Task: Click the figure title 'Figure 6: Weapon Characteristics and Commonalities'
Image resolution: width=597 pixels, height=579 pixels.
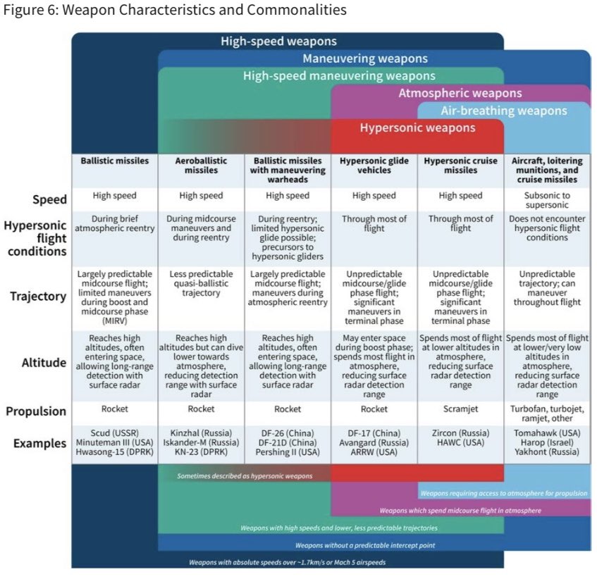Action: (175, 10)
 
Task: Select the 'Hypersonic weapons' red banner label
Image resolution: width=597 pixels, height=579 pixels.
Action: (418, 127)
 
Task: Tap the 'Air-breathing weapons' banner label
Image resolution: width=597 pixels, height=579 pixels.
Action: (504, 111)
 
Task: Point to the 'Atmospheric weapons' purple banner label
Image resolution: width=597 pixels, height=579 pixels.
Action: (460, 93)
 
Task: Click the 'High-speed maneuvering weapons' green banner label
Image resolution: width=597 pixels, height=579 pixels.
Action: (339, 75)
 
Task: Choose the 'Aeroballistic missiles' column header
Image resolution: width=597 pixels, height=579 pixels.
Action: (201, 166)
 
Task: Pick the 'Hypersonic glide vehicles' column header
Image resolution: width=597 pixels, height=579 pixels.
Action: (374, 166)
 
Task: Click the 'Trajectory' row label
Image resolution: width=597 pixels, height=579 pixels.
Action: (38, 296)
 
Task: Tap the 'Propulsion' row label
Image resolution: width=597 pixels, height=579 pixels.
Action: (36, 411)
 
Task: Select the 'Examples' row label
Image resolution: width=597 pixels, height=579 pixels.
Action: (39, 443)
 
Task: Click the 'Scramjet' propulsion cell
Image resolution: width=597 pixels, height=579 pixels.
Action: (460, 409)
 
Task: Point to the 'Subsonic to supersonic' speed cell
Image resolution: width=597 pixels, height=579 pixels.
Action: (547, 200)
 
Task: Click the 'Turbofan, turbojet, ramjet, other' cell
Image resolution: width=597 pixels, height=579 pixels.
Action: (547, 413)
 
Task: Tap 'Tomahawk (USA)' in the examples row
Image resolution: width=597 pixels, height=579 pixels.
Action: (547, 433)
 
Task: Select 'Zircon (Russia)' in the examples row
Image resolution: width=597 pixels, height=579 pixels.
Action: (460, 433)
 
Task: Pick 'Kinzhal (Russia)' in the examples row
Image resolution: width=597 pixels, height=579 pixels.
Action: (201, 433)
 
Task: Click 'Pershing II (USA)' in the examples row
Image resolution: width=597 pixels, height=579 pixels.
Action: (288, 452)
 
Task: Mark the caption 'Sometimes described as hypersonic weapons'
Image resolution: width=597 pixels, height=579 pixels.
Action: (245, 476)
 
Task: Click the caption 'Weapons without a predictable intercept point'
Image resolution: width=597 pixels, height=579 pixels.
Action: (365, 545)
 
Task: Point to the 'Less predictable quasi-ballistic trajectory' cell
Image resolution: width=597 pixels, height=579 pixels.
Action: (201, 283)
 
